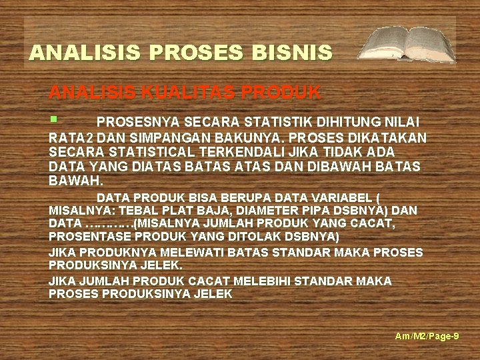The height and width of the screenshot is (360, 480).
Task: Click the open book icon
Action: pyautogui.click(x=406, y=44)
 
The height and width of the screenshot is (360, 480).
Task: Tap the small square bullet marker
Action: pyautogui.click(x=53, y=119)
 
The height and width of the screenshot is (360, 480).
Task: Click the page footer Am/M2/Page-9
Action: pyautogui.click(x=427, y=337)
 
